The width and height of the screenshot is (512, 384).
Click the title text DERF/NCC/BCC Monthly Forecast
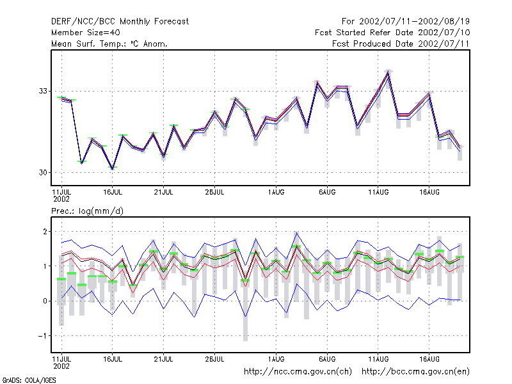120,22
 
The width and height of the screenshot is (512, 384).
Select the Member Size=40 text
86,33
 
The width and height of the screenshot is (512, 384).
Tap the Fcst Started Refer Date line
392,33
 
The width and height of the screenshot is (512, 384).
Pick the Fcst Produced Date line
401,44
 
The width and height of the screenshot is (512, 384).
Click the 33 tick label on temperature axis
43,91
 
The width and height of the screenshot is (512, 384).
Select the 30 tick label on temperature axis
43,172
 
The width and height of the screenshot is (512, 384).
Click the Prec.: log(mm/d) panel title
87,211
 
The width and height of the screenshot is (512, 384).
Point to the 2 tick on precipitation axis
45,232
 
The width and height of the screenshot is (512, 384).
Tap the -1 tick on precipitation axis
43,335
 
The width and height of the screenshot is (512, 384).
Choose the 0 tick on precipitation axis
45,301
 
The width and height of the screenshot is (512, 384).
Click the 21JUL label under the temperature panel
163,193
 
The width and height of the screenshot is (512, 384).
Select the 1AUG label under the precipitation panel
276,359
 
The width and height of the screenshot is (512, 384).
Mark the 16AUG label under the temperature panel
429,193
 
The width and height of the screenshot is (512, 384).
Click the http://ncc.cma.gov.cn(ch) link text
298,372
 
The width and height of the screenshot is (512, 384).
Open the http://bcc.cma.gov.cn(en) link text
415,372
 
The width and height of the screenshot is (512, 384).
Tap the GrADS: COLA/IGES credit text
29,380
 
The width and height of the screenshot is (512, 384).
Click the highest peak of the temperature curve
388,72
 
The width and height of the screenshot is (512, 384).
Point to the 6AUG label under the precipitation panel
327,359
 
